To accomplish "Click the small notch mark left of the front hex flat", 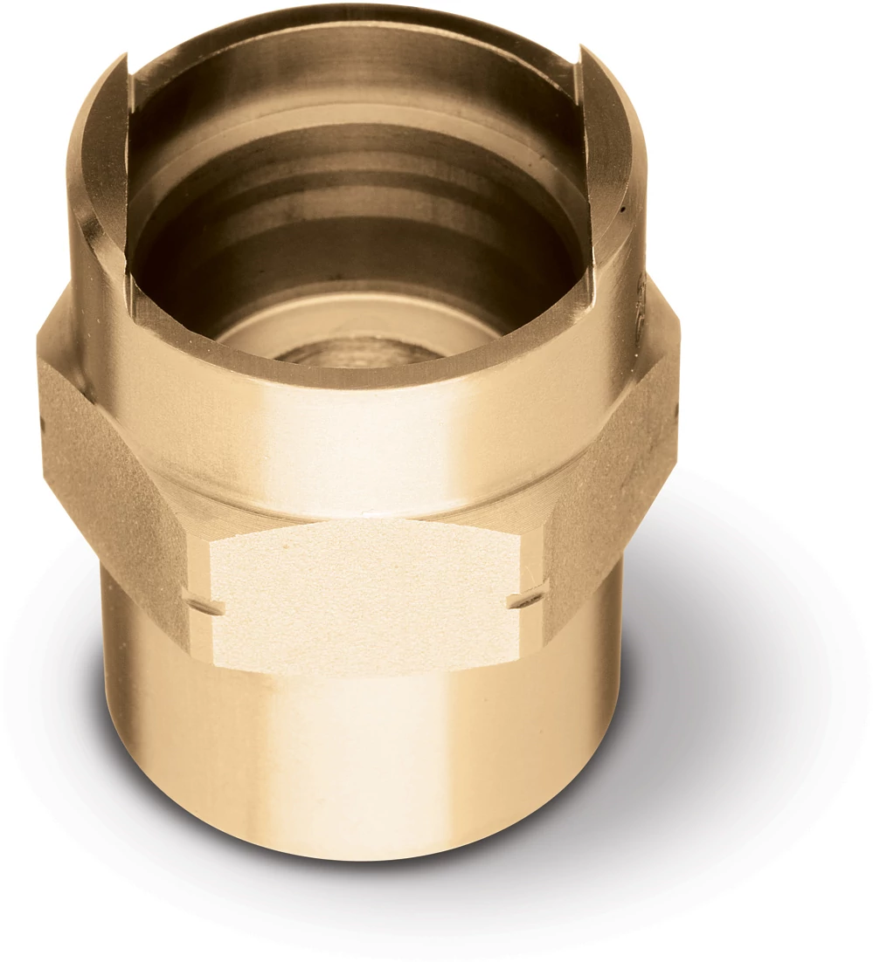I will [207, 604].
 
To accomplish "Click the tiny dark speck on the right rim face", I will [622, 210].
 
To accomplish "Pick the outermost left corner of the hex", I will [38, 367].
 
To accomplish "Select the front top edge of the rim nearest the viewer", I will [358, 371].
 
